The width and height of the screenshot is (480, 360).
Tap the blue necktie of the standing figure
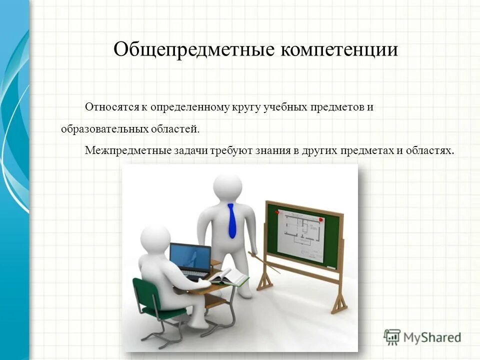click(x=231, y=220)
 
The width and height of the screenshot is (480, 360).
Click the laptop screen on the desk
click(x=189, y=257)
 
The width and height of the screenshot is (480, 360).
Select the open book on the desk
click(x=228, y=276)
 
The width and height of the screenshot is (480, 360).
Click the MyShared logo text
click(x=432, y=337)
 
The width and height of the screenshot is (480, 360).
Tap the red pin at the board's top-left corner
click(x=276, y=212)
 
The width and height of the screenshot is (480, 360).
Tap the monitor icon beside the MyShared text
click(x=392, y=337)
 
